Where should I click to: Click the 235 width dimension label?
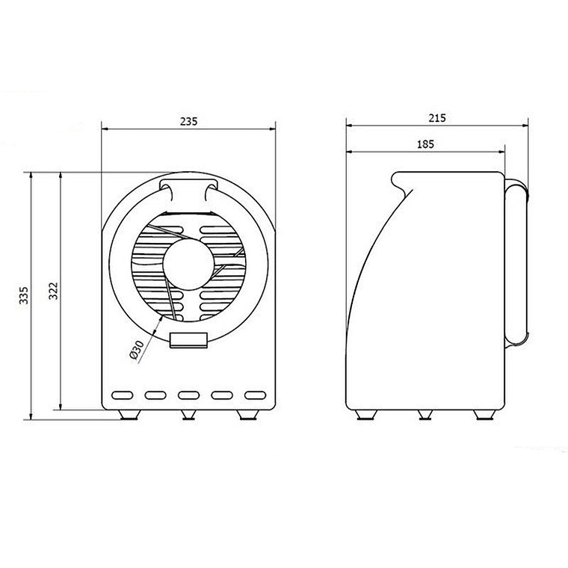[189, 121]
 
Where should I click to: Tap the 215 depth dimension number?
[437, 118]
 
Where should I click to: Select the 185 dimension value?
[425, 144]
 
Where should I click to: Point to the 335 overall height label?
[24, 295]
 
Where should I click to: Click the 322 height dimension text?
[54, 291]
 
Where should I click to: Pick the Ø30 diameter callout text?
[137, 351]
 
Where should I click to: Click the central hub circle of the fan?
[188, 265]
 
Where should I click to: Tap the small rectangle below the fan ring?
[188, 340]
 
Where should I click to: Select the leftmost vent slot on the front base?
[123, 395]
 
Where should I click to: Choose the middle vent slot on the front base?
[189, 395]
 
